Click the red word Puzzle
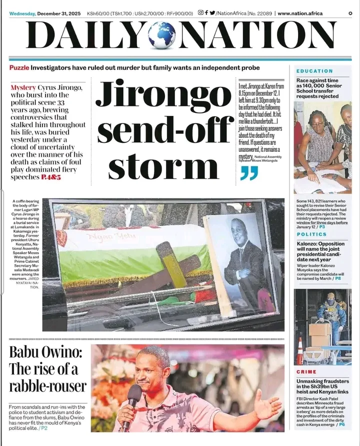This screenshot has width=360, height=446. tap(19, 67)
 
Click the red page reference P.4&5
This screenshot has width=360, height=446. tap(51, 177)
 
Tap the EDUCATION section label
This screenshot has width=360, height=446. tap(314, 71)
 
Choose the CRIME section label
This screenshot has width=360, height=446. tap(306, 372)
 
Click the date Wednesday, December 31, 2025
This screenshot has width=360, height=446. tap(44, 13)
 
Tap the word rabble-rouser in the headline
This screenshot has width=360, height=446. tap(47, 386)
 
